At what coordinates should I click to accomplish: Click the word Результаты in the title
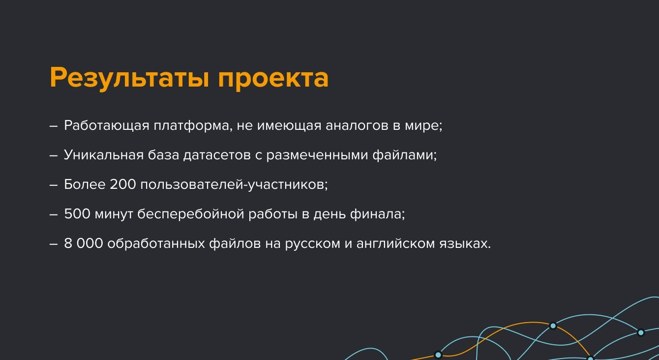[x=129, y=78]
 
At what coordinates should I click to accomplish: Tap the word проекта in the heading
[x=273, y=79]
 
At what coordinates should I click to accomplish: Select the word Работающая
[x=107, y=126]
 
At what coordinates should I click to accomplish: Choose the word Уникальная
[x=104, y=155]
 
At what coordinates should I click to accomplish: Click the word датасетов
[x=217, y=155]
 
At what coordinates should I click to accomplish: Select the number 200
[x=122, y=184]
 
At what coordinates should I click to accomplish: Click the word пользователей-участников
[x=234, y=185]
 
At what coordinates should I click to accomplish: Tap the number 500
[x=77, y=214]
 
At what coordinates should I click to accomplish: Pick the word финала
[x=378, y=214]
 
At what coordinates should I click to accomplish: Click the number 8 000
[x=84, y=243]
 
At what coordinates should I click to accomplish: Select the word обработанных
[x=156, y=243]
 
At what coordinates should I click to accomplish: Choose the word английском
[x=395, y=243]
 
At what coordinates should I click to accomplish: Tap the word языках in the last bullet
[x=465, y=243]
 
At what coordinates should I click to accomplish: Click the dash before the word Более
[x=54, y=185]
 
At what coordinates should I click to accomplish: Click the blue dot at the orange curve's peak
[x=553, y=326]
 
